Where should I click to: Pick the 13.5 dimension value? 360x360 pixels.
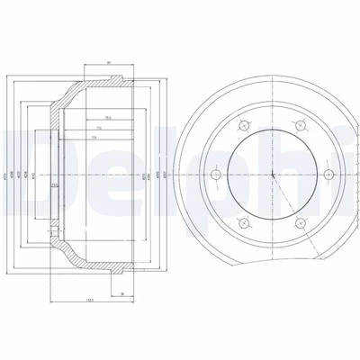(55, 185)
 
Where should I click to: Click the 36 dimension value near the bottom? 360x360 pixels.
(120, 293)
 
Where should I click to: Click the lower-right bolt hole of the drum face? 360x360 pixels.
(298, 221)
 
